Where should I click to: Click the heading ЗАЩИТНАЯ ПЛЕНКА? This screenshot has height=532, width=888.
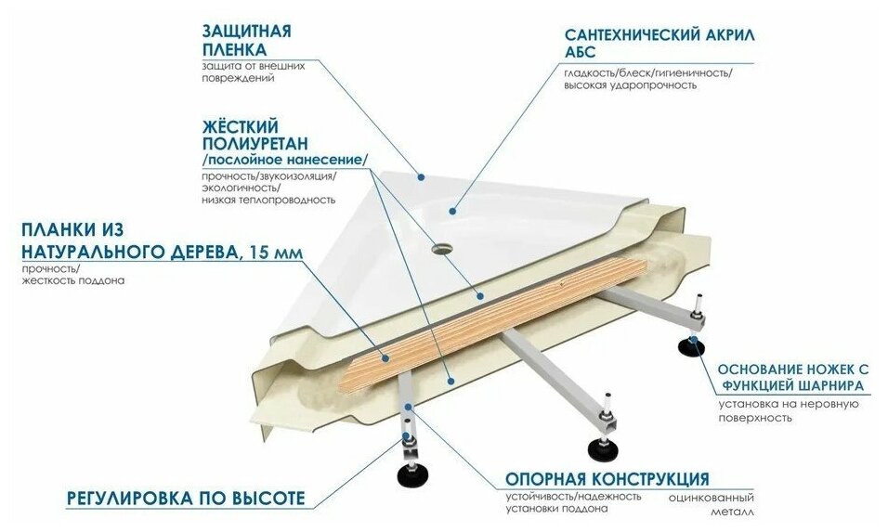245,39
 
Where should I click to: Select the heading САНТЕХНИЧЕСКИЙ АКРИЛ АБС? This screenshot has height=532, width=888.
659,44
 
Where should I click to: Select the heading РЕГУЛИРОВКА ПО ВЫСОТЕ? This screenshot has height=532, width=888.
186,499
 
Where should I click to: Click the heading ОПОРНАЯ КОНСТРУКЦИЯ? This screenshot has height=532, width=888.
607,480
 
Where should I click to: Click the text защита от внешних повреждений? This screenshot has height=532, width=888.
252,72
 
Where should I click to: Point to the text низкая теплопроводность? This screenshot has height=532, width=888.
267,199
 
